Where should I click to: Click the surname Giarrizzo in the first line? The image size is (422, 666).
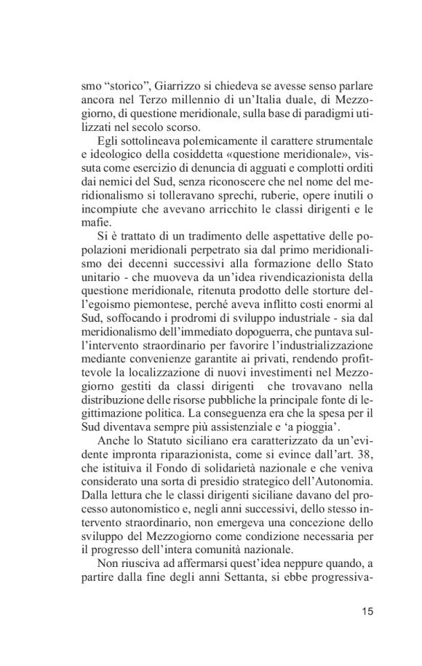point(174,87)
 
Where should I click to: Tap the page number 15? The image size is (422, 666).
point(367,611)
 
